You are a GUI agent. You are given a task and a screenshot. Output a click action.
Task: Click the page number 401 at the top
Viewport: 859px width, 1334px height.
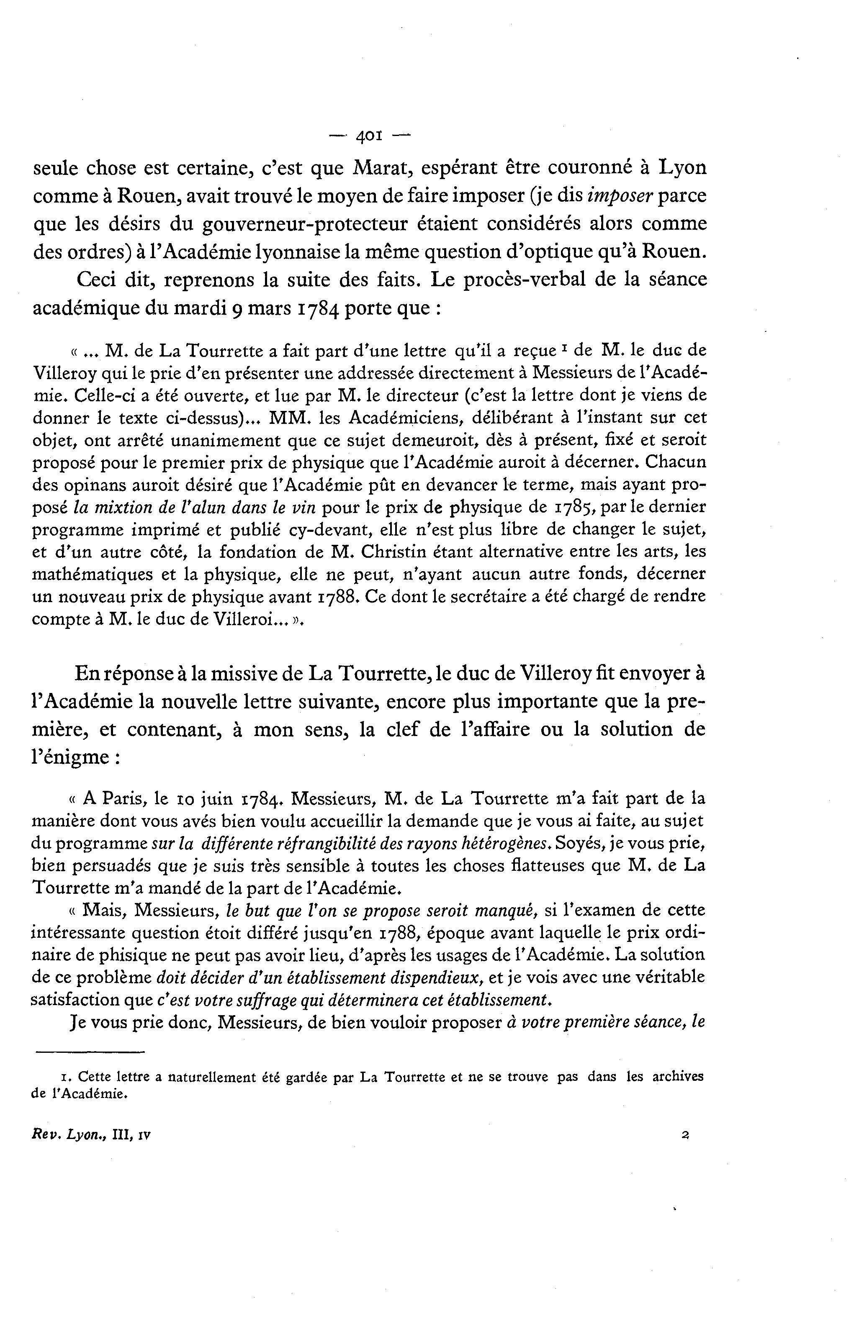point(369,136)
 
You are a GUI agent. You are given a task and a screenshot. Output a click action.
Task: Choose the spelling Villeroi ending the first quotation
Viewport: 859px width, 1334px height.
point(249,619)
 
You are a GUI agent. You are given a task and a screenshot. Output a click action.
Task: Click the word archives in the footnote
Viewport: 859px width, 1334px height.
point(675,1077)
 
